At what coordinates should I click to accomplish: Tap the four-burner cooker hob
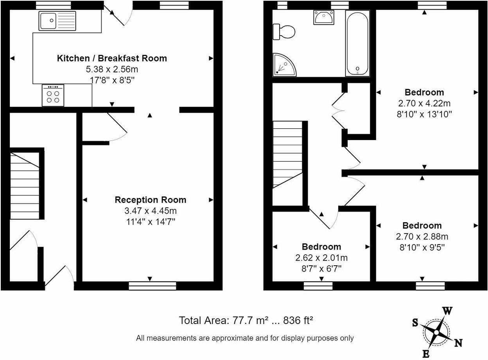pos(53,96)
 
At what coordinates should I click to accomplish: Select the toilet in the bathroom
pos(284,32)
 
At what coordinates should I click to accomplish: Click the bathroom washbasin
pos(323,18)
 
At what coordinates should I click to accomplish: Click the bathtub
pos(357,43)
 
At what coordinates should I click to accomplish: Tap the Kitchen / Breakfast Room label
pos(112,59)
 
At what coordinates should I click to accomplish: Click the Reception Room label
pos(150,200)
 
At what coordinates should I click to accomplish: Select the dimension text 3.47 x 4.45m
pos(150,211)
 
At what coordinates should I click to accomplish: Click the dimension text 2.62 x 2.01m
pos(321,258)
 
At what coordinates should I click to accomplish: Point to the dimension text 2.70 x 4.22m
pos(424,104)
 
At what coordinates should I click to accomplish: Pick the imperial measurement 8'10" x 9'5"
pos(422,247)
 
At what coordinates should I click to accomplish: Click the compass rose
pos(436,332)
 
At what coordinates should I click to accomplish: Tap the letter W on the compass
pos(447,311)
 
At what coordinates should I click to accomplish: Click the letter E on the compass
pos(426,354)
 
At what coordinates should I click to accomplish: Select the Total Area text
pos(246,320)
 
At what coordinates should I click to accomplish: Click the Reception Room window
pos(152,286)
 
